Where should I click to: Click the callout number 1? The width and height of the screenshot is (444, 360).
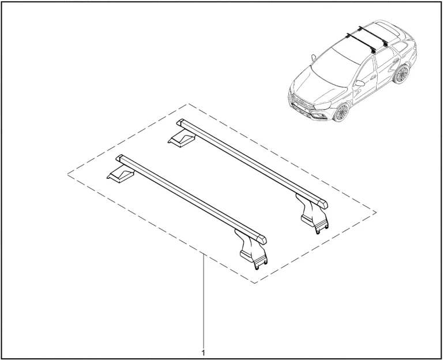coord(204,352)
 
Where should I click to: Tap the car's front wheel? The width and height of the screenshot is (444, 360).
coord(341,112)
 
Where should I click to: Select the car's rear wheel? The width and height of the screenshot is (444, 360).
coord(401,74)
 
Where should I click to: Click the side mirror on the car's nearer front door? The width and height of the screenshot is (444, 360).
coord(360,83)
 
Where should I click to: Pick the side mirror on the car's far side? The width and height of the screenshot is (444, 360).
coord(314,58)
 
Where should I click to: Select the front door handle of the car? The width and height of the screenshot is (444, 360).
coord(373,77)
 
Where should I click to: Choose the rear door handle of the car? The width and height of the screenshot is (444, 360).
coord(396,61)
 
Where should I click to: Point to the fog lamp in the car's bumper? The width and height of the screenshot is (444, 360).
coord(317,115)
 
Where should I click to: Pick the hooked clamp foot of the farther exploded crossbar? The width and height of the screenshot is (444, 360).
coord(314,215)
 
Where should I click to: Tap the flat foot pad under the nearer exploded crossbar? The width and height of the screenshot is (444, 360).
coord(121,176)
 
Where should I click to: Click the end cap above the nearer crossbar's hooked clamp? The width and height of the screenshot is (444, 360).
coord(261,239)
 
